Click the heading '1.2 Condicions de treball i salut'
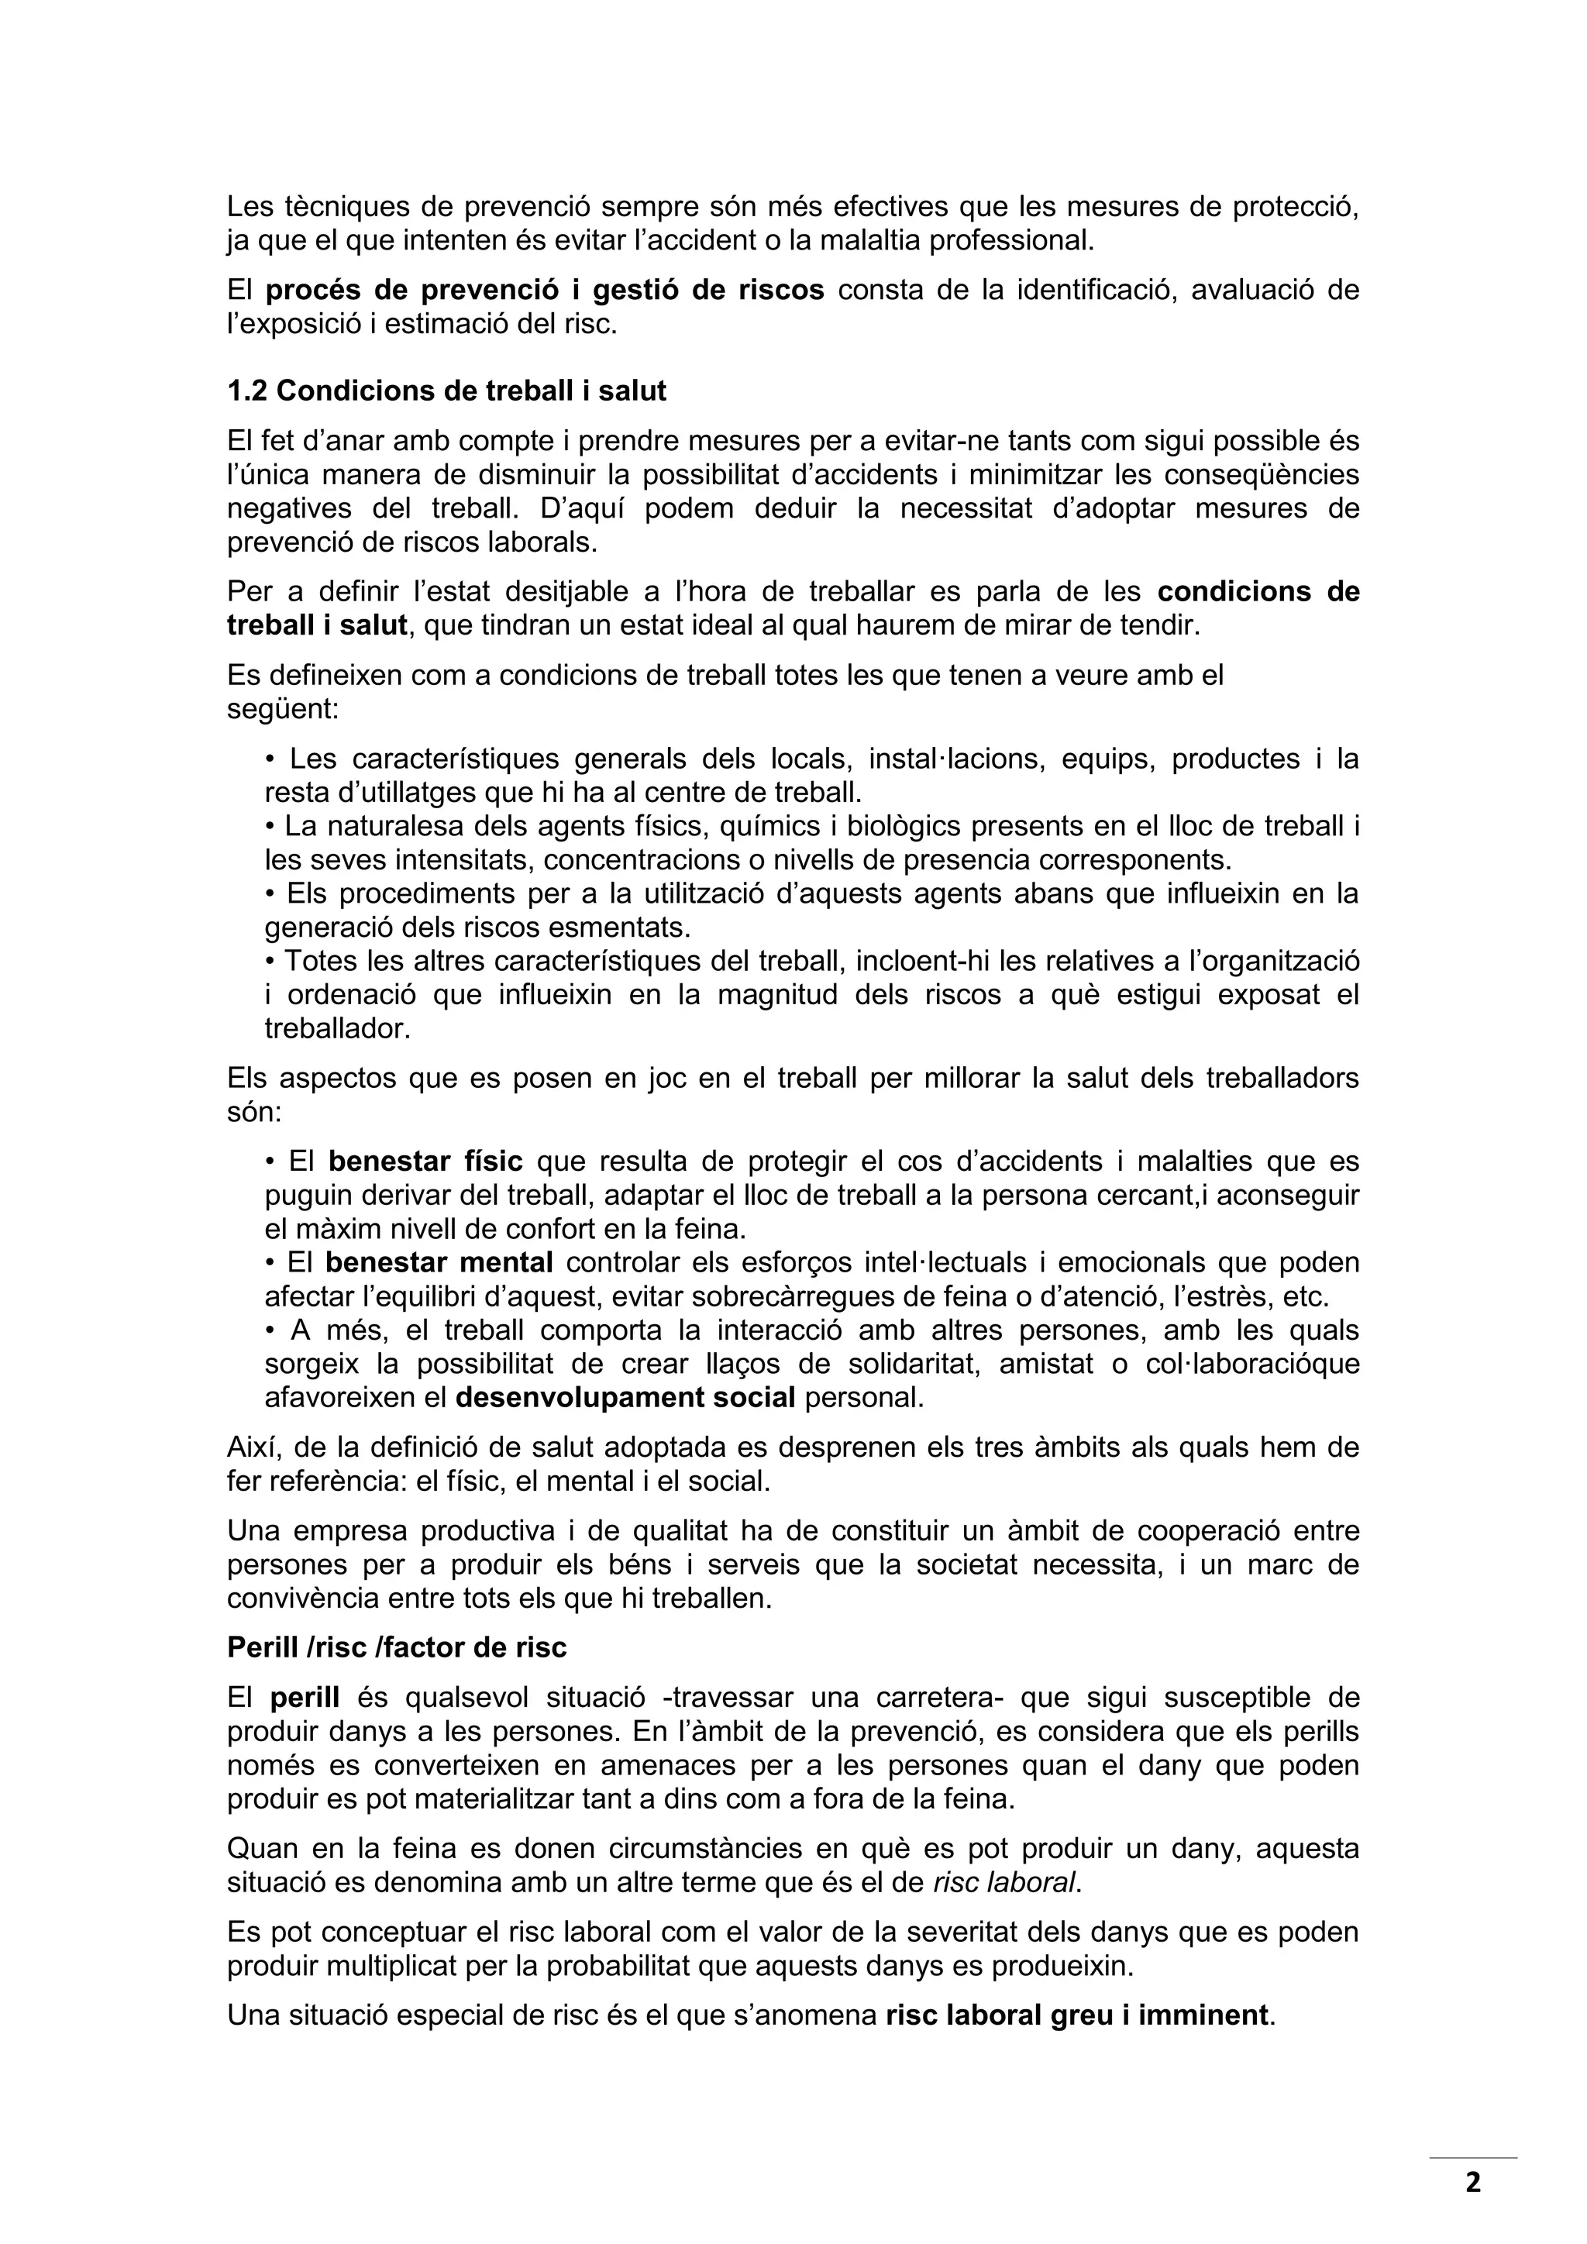coord(446,391)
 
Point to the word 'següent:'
coord(282,708)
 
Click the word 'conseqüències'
coord(1251,475)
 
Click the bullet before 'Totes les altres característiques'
coord(270,962)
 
